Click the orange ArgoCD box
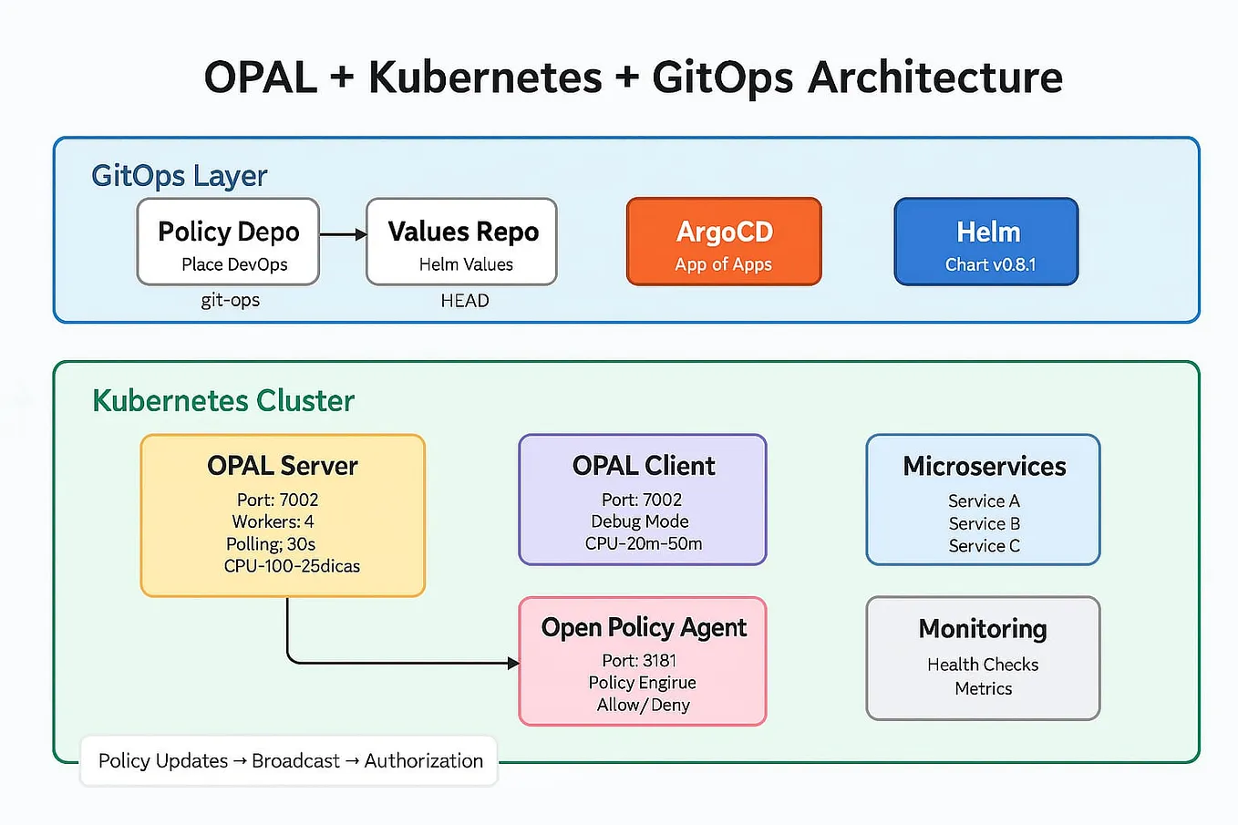[x=724, y=242]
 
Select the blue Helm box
[x=986, y=242]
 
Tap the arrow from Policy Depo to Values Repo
[x=343, y=234]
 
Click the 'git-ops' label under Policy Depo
[x=230, y=300]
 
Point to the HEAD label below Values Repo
[x=465, y=301]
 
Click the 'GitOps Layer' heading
[x=180, y=175]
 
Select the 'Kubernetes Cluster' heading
[x=223, y=400]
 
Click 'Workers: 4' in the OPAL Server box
[x=273, y=521]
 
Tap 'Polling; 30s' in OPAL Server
[x=271, y=544]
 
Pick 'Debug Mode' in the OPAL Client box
[x=640, y=521]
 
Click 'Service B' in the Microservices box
[x=984, y=523]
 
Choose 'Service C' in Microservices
[x=984, y=546]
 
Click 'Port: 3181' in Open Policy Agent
[x=639, y=660]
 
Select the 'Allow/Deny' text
[x=643, y=705]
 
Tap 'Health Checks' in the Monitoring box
[x=983, y=665]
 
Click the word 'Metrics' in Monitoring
[x=983, y=688]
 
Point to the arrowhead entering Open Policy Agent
[x=513, y=663]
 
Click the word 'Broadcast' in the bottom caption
[x=295, y=760]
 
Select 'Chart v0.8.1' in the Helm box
[x=990, y=264]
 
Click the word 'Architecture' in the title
[x=935, y=77]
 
